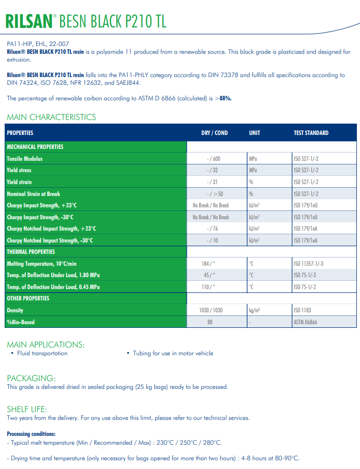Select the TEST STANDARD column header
click(311, 133)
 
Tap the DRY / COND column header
click(214, 133)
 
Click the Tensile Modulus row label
click(25, 159)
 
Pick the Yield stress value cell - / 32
click(213, 170)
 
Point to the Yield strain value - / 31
click(213, 182)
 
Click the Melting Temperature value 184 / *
click(208, 264)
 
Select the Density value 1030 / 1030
click(211, 310)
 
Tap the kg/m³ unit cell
click(254, 310)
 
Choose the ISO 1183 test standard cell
click(303, 310)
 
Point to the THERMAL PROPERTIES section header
click(31, 252)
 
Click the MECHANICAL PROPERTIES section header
click(35, 147)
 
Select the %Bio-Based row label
click(21, 322)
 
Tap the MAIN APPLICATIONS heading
click(46, 344)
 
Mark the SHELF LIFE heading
click(27, 409)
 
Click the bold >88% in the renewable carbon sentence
click(223, 98)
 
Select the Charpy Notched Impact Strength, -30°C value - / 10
click(213, 240)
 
